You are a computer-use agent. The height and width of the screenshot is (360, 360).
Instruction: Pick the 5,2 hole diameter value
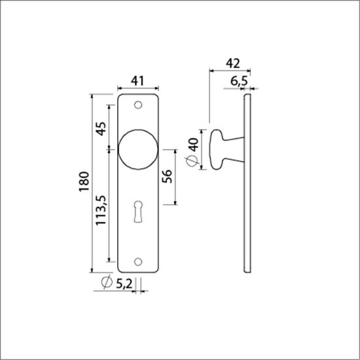[124, 284]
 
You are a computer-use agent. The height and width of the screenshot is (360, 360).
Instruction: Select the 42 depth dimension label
[231, 63]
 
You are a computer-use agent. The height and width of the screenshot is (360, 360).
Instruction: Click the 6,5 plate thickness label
[239, 81]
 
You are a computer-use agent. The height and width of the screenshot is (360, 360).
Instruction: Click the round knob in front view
[139, 149]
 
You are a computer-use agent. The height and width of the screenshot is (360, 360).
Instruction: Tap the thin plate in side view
[247, 183]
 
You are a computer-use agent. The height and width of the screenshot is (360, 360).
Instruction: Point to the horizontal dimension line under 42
[229, 71]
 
